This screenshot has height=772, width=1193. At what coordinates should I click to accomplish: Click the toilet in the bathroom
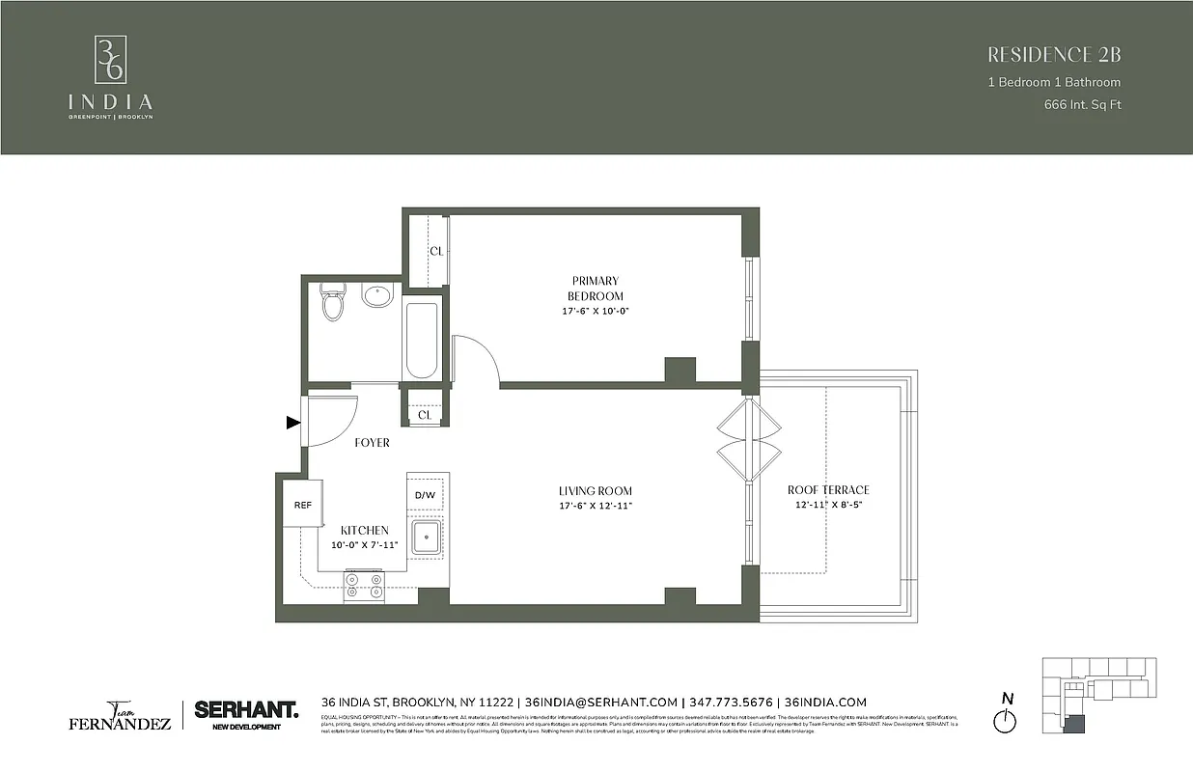(x=333, y=302)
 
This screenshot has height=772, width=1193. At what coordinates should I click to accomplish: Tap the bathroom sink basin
(x=377, y=295)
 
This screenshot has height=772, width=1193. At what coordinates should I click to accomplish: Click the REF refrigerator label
(x=303, y=505)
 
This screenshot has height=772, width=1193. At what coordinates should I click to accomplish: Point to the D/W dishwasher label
(x=426, y=496)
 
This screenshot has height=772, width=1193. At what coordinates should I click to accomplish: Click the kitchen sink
(x=426, y=537)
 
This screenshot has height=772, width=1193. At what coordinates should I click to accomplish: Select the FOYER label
(x=372, y=443)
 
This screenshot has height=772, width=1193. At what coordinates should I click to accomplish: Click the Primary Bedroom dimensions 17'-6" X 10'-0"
(x=596, y=311)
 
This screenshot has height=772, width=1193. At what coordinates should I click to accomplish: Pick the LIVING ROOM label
(x=596, y=491)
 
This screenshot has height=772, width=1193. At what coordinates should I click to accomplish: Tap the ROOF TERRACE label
(x=828, y=490)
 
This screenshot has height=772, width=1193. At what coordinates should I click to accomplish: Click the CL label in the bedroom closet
(x=436, y=251)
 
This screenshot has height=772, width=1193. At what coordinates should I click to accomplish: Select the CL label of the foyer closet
(x=425, y=415)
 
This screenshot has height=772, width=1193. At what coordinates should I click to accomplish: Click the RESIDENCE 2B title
(x=1055, y=55)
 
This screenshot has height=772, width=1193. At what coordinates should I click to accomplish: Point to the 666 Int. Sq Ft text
(x=1082, y=105)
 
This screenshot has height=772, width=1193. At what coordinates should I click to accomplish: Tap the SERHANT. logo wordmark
(x=246, y=709)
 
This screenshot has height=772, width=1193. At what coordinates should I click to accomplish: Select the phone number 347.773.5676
(x=733, y=703)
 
